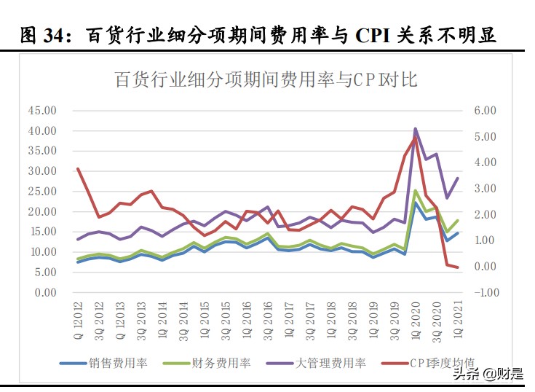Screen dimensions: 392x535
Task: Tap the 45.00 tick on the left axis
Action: click(41, 111)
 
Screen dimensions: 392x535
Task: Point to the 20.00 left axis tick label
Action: click(41, 212)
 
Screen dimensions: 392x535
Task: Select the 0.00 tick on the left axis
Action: click(44, 293)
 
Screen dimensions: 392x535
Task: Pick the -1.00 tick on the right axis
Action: click(485, 293)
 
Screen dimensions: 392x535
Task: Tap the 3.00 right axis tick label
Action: click(486, 189)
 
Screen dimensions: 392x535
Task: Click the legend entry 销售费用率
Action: click(118, 362)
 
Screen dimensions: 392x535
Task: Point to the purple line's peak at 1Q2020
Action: click(415, 129)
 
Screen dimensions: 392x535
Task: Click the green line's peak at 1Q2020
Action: click(415, 191)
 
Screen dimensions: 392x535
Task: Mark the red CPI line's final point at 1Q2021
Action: click(457, 267)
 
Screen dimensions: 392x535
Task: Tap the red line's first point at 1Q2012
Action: click(78, 168)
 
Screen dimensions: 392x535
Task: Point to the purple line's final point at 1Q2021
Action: click(457, 178)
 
